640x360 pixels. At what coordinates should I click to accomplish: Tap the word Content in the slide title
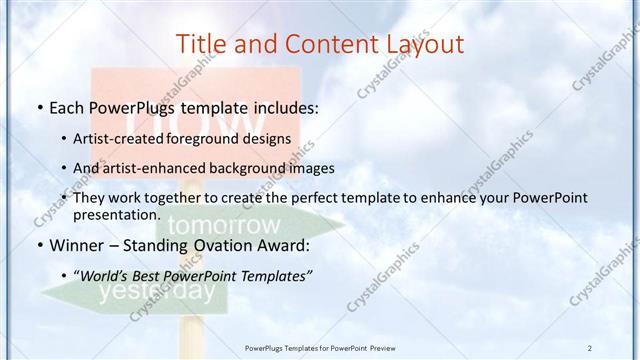pyautogui.click(x=321, y=44)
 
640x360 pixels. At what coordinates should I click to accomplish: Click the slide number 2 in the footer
pyautogui.click(x=590, y=347)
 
